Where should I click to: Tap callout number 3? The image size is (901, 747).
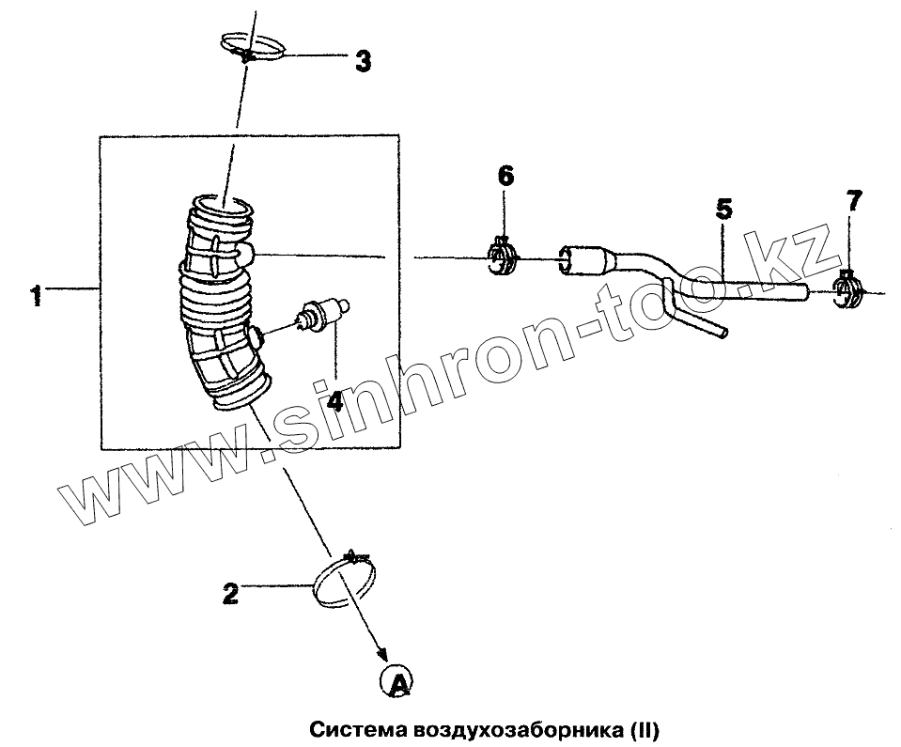click(x=362, y=62)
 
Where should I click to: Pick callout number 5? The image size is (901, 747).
click(x=722, y=208)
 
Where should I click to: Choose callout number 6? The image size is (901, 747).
click(x=505, y=175)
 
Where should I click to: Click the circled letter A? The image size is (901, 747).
click(x=396, y=681)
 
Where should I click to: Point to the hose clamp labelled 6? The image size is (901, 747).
click(x=505, y=257)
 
